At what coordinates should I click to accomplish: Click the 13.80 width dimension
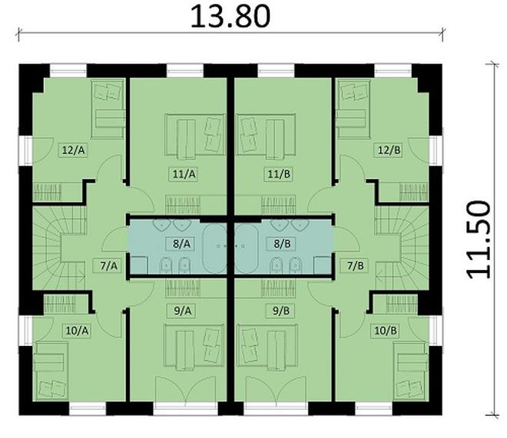(x=231, y=15)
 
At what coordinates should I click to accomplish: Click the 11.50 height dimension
(x=478, y=239)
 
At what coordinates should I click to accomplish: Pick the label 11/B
(x=280, y=174)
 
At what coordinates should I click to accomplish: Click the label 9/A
(x=182, y=311)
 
